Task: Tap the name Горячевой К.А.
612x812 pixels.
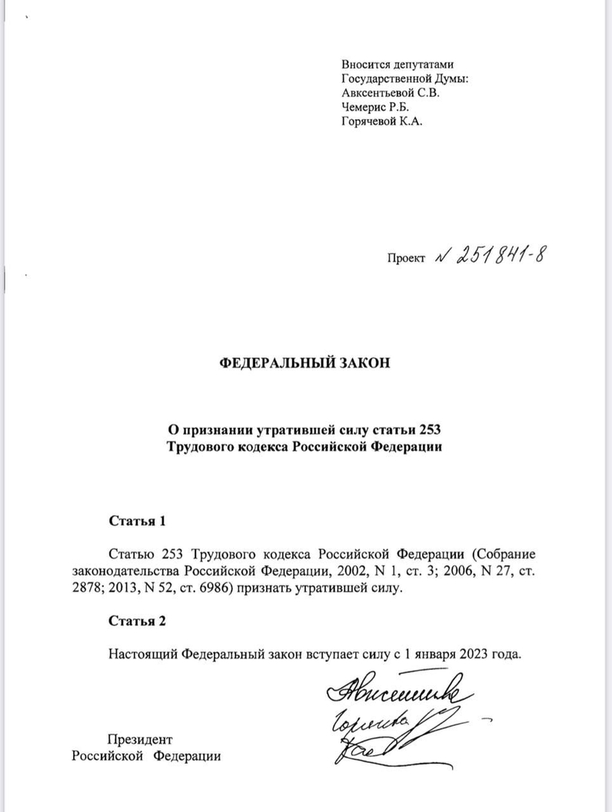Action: (381, 121)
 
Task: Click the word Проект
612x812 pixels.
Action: (407, 260)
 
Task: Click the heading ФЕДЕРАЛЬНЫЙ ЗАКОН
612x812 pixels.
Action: (305, 363)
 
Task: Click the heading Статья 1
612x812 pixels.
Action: (137, 521)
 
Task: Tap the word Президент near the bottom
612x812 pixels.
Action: (141, 739)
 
